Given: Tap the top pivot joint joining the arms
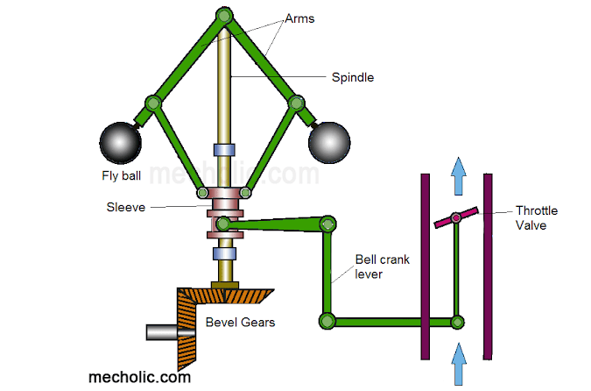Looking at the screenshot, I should pyautogui.click(x=224, y=15).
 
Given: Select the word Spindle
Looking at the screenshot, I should pyautogui.click(x=352, y=77).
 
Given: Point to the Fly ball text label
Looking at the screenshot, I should pyautogui.click(x=122, y=175).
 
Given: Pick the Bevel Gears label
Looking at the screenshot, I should pyautogui.click(x=240, y=323).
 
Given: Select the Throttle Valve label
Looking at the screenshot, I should pyautogui.click(x=536, y=217).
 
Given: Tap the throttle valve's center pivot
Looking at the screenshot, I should pyautogui.click(x=456, y=217).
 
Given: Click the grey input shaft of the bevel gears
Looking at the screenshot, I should pyautogui.click(x=162, y=333).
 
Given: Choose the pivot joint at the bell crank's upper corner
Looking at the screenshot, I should pyautogui.click(x=328, y=224).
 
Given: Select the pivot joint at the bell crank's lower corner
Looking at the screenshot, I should pyautogui.click(x=327, y=321).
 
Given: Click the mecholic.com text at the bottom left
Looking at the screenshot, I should pyautogui.click(x=140, y=377).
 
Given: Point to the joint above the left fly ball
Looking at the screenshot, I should pyautogui.click(x=153, y=103).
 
